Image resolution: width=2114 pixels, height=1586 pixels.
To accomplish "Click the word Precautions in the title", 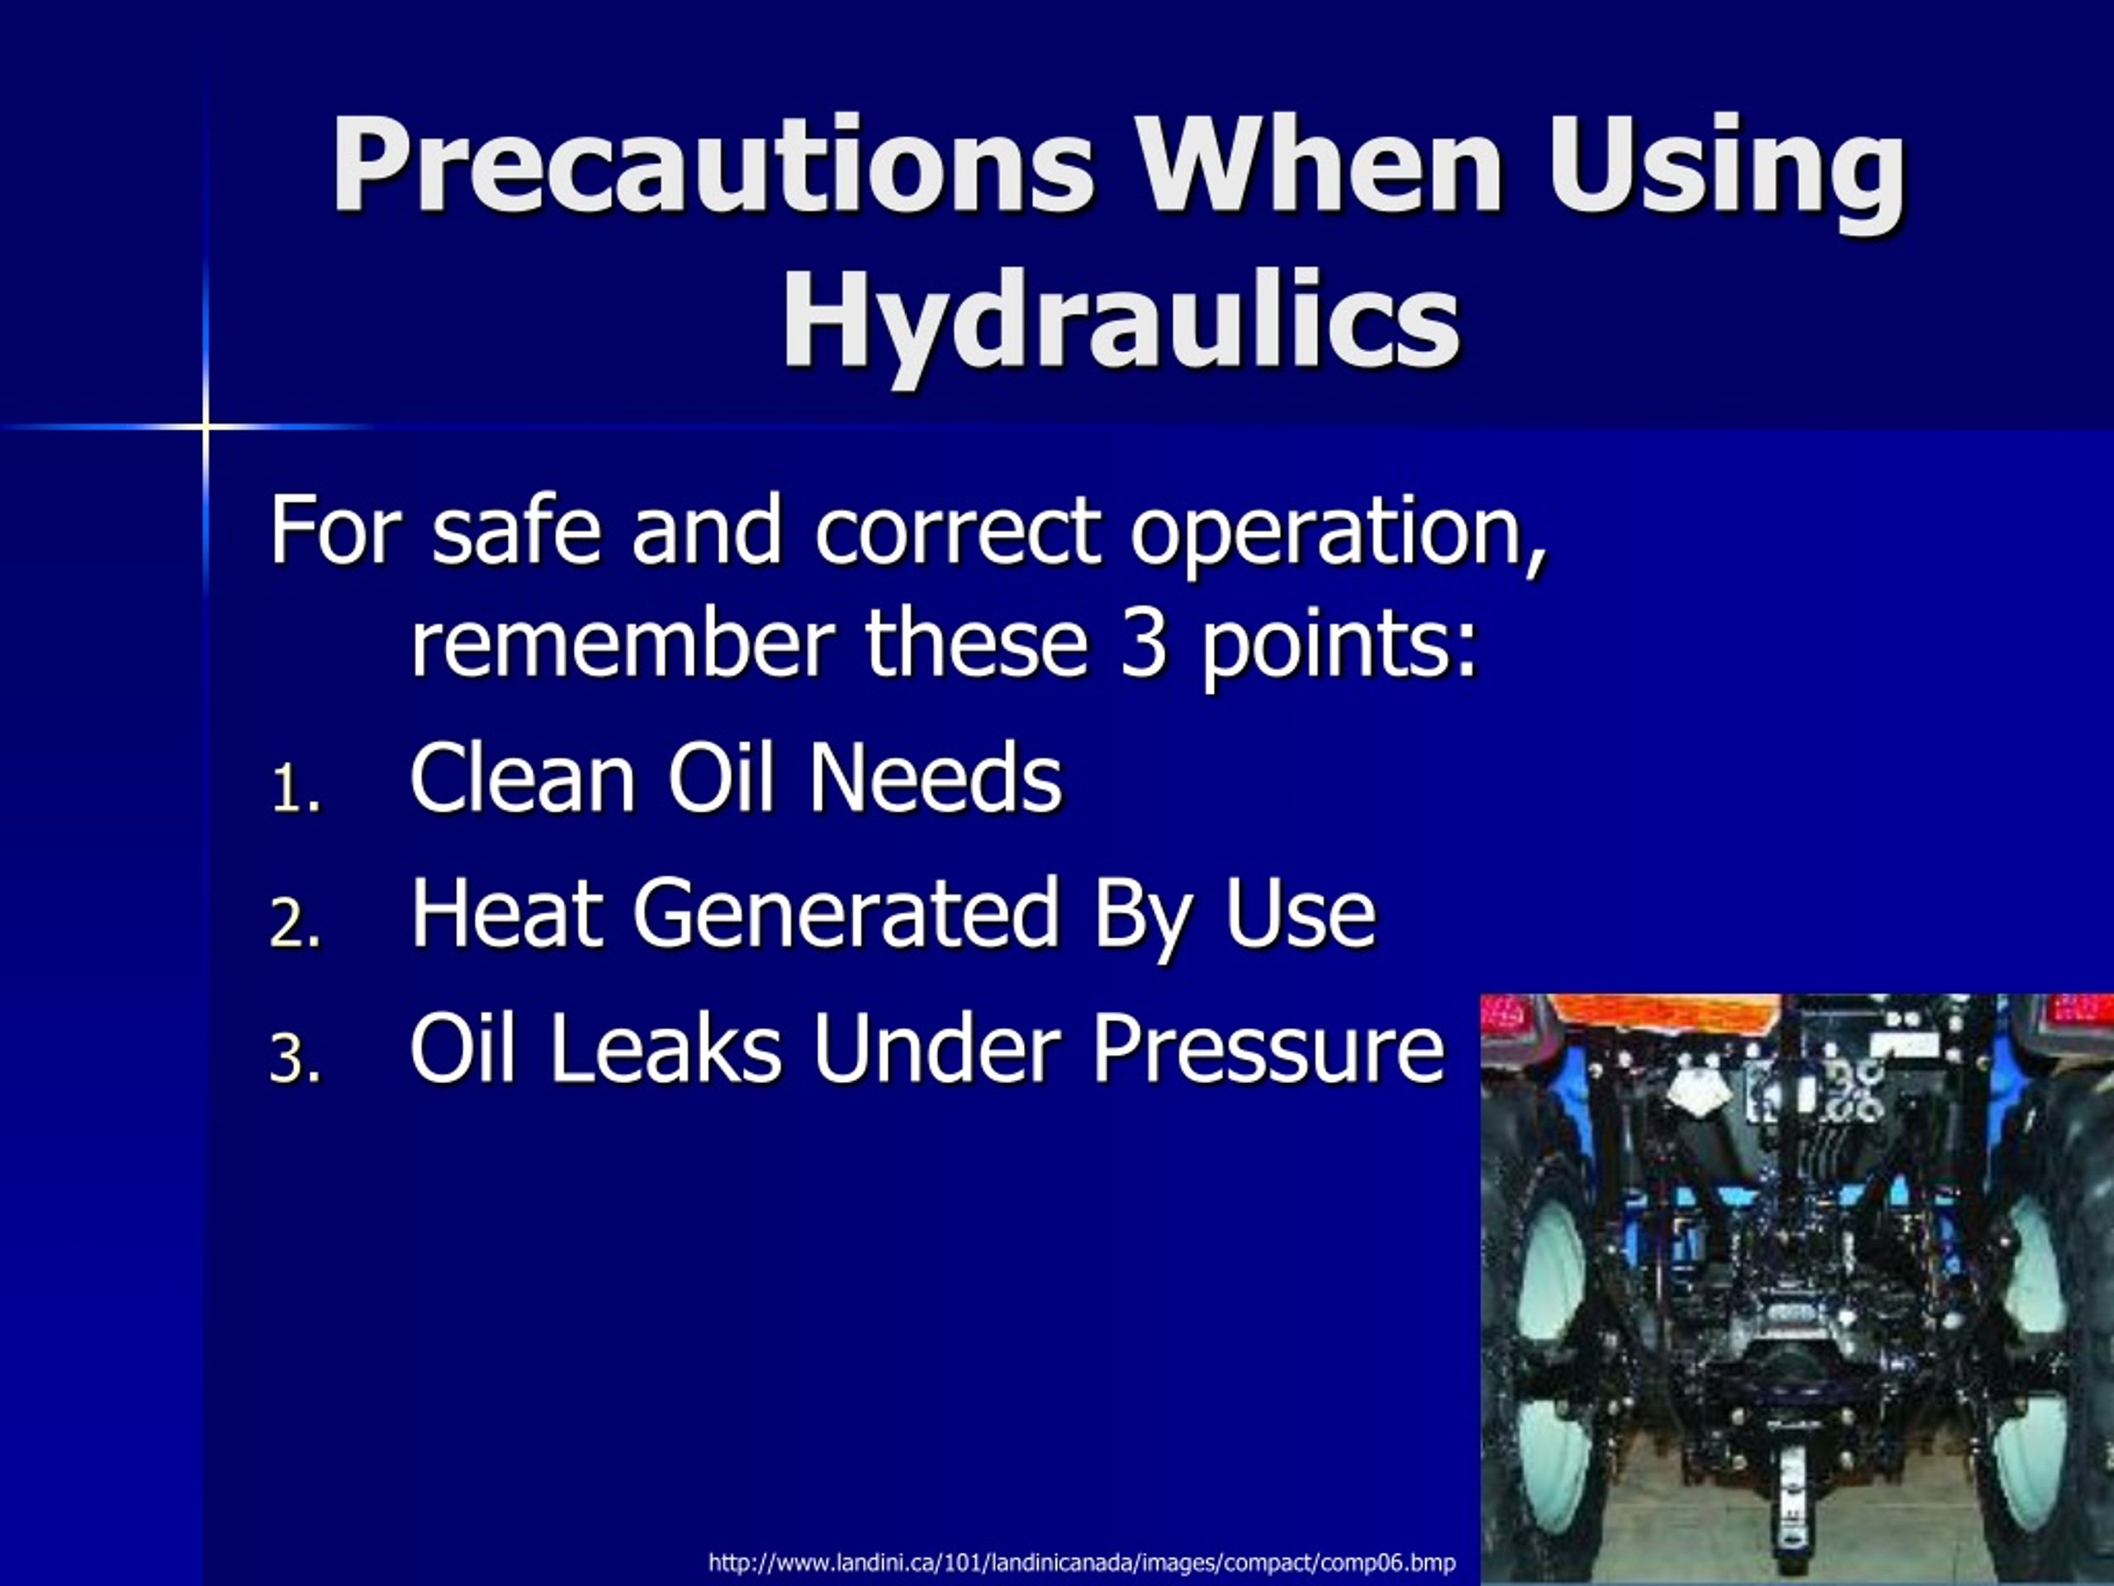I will click(712, 164).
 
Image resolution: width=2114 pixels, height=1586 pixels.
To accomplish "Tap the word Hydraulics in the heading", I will click(1120, 321).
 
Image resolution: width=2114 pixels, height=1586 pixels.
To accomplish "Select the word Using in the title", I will click(1726, 164).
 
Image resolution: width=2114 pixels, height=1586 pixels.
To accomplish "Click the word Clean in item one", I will click(522, 777).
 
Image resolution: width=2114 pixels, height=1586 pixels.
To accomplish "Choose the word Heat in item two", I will click(506, 913).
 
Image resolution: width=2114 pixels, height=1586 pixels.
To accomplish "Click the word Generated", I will click(845, 913).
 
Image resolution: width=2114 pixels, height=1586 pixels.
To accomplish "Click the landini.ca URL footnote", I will click(1082, 1562).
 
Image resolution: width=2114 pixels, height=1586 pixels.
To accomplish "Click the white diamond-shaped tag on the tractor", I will click(1694, 1092).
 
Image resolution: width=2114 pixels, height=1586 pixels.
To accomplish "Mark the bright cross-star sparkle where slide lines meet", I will click(206, 425).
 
